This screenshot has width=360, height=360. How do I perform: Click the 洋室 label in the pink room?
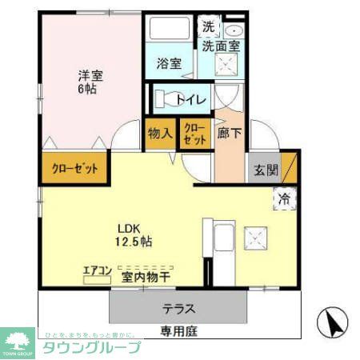point(89,76)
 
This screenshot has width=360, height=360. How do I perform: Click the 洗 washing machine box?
point(207,25)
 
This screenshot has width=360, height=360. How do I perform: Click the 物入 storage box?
point(160,134)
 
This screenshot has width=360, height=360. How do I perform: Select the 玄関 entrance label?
point(265,169)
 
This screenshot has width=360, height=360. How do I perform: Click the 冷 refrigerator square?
point(284,198)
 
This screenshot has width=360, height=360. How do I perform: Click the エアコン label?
point(97,270)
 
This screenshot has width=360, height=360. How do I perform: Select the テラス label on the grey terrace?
point(179,308)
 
